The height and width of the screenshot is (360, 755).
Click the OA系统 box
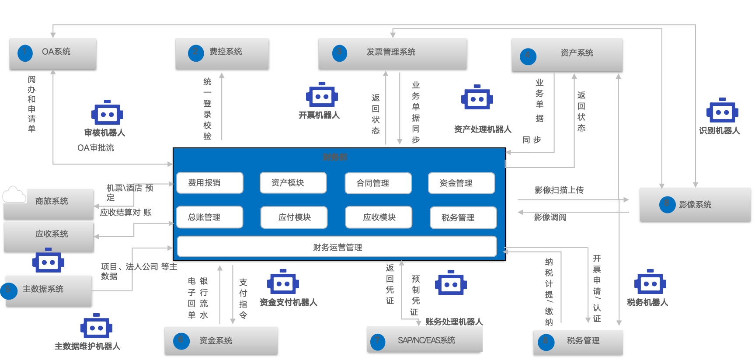click(53, 53)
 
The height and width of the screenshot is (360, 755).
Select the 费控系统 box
click(222, 53)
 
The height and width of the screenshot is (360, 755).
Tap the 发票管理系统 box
click(392, 53)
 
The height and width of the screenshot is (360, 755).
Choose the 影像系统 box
click(695, 204)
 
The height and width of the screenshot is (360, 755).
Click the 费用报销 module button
click(209, 183)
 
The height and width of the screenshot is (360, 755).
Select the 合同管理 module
click(378, 183)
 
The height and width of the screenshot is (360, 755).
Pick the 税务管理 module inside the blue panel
click(463, 218)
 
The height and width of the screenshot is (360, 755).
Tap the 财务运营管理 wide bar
click(337, 247)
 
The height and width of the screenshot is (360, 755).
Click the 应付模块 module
click(294, 217)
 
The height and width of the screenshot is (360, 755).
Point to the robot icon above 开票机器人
click(322, 95)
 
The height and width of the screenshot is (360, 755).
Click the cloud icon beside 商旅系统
click(14, 194)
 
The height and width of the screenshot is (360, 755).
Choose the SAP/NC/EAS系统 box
click(425, 340)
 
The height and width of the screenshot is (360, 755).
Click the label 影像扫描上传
click(559, 190)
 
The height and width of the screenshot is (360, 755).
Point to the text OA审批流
click(96, 148)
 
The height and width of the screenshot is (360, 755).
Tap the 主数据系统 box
click(48, 290)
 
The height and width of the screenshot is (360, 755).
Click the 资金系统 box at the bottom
click(221, 340)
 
